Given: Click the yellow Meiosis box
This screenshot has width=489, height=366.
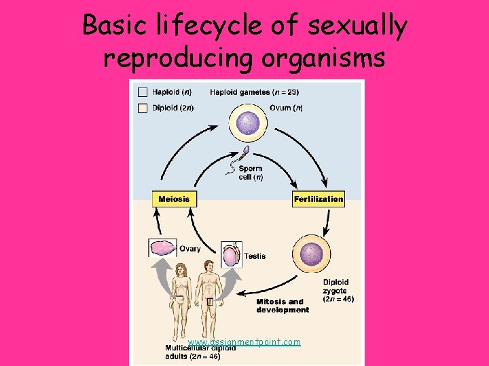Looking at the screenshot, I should pos(174,199).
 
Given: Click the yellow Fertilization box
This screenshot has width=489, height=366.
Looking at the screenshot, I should pos(319,199).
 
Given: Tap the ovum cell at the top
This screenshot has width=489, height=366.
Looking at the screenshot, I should pos(253,127).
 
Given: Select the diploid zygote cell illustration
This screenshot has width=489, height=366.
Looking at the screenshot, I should pos(311,254).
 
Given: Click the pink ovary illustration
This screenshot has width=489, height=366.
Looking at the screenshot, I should pos(163,247).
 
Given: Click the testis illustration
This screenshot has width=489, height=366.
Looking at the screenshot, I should pos(232,255).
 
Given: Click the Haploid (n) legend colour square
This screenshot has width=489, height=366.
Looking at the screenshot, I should pos(143,92).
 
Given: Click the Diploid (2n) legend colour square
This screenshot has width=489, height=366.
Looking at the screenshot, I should pos(143,108).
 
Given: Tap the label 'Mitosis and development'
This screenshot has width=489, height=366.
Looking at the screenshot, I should pos(283,306).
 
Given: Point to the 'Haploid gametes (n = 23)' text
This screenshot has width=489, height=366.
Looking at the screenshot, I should pos(254,92).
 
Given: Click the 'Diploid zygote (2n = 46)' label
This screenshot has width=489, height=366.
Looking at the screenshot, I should pos(338,290).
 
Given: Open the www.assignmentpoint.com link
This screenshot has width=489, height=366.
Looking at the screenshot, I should pos(244,342).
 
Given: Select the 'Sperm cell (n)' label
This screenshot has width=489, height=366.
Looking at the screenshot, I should pos(250,173).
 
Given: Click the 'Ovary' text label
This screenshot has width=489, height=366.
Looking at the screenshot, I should pos(190,249).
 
